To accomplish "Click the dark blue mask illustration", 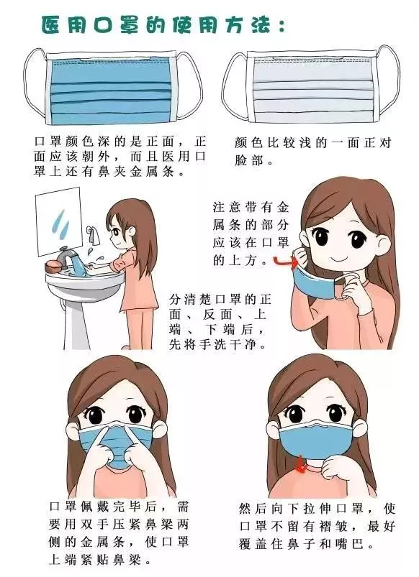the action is (111, 88).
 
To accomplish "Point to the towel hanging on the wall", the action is (94, 235).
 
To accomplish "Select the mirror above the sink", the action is (59, 221).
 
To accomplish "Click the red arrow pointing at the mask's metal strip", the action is (286, 262).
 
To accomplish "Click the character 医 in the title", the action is (51, 25).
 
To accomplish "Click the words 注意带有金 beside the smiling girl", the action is (251, 207).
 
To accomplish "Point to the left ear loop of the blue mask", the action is (35, 86).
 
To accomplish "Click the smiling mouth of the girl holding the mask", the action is (339, 259).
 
